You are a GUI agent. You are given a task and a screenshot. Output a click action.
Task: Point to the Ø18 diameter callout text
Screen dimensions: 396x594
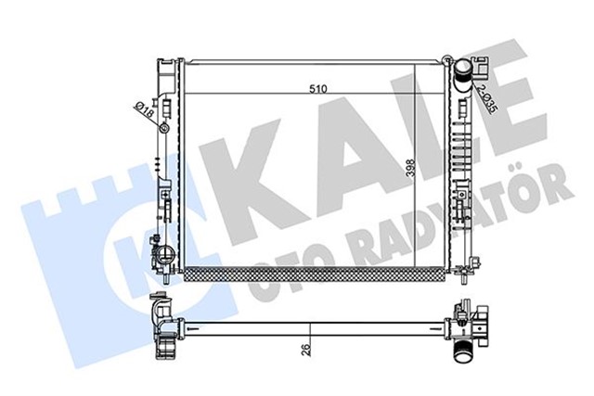pyautogui.click(x=146, y=111)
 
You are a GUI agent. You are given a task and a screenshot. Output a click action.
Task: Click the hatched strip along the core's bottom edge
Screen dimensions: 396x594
pyautogui.click(x=315, y=272)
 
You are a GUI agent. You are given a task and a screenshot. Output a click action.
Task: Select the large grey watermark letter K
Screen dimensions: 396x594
pyautogui.click(x=245, y=158)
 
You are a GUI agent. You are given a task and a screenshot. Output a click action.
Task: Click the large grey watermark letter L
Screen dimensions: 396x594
pyautogui.click(x=422, y=130)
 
